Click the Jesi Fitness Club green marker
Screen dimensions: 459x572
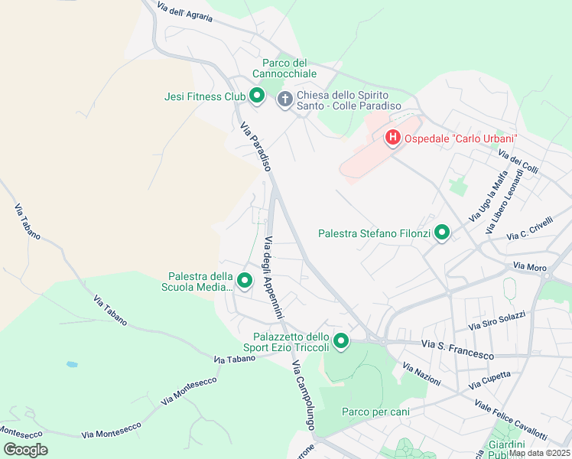click(257, 96)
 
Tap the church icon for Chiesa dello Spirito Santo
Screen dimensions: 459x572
click(284, 99)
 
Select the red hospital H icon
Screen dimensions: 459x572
click(392, 138)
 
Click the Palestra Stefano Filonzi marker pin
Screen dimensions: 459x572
click(441, 233)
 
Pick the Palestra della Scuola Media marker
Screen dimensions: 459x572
click(244, 281)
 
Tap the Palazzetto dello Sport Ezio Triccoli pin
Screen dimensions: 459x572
click(340, 341)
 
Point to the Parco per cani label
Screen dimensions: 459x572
click(375, 412)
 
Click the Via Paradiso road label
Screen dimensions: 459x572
click(256, 146)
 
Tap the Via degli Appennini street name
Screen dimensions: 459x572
click(273, 278)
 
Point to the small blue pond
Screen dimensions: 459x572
click(71, 364)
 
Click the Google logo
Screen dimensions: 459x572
click(26, 449)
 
